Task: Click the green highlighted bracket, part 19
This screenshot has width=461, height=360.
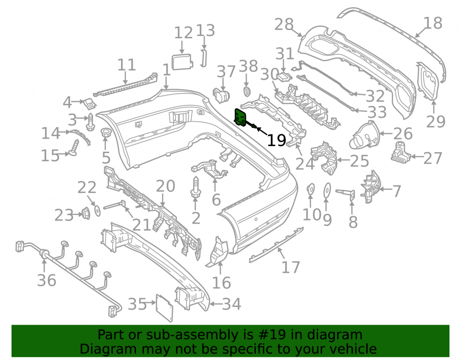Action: click(241, 117)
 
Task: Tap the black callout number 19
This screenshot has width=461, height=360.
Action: click(276, 141)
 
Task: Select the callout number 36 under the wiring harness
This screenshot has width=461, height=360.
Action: click(47, 280)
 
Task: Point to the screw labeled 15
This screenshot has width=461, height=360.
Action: click(74, 148)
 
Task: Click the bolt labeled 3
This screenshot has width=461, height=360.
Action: click(90, 122)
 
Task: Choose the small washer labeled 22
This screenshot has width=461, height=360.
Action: click(97, 210)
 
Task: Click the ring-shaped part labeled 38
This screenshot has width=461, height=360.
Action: click(247, 91)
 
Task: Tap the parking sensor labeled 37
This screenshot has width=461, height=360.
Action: click(221, 95)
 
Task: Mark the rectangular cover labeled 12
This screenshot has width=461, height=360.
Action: click(182, 61)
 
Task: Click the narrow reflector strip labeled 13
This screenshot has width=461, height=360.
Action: click(203, 58)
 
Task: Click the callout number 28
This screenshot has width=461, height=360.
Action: click(284, 24)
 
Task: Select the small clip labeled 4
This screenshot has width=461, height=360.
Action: click(89, 103)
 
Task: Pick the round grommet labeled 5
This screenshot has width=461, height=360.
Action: click(106, 133)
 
